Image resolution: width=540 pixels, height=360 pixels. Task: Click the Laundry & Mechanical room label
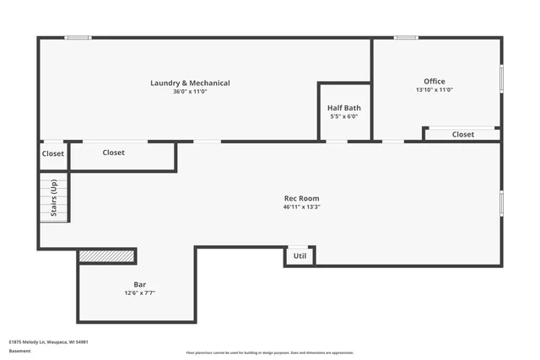(190, 83)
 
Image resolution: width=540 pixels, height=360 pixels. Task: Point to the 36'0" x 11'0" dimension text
(190, 91)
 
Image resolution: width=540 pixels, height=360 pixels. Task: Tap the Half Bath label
(344, 108)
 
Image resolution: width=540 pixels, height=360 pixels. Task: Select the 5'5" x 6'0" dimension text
(344, 116)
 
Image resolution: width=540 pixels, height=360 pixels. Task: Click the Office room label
(435, 81)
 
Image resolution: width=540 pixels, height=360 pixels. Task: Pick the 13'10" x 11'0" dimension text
(435, 89)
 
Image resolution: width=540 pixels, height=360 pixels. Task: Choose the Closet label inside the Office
(462, 134)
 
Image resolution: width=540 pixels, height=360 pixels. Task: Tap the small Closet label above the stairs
(52, 154)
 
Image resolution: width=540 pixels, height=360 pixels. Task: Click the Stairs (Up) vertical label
(53, 198)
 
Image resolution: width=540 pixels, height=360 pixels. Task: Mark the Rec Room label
(301, 198)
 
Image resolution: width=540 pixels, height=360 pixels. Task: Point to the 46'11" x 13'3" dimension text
(301, 207)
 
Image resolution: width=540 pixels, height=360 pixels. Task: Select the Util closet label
(300, 255)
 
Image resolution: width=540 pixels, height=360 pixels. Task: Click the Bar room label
(140, 284)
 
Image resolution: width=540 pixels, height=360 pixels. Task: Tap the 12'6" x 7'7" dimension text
(140, 293)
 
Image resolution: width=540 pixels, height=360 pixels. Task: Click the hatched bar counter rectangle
(106, 255)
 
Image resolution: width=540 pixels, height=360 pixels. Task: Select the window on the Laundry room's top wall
(78, 37)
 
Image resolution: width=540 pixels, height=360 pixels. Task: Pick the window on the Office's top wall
(406, 37)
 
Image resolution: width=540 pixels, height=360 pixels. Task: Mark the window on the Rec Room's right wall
(501, 202)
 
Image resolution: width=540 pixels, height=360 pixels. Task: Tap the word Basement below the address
(19, 349)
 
